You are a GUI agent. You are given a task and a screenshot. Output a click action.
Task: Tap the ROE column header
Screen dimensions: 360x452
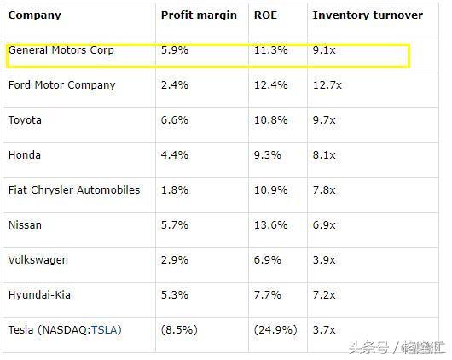[x=265, y=15]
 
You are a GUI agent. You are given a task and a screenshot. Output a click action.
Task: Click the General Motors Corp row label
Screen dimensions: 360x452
[x=61, y=50]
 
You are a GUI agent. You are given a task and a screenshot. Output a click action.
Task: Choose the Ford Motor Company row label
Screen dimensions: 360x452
[x=61, y=85]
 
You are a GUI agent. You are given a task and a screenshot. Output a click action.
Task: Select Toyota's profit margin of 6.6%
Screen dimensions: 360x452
[x=174, y=120]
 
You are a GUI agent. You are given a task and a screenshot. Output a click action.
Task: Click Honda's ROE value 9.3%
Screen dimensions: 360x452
[x=268, y=155]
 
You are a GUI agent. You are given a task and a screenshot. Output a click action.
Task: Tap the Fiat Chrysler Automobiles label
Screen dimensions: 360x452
[x=74, y=189]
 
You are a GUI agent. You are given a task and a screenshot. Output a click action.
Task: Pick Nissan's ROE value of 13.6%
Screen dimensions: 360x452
[x=270, y=225]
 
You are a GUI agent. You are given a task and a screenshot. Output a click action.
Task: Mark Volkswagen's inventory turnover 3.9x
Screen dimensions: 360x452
[x=325, y=259]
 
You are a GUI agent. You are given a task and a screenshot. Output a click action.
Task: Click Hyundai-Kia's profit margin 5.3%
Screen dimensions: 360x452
[x=174, y=294]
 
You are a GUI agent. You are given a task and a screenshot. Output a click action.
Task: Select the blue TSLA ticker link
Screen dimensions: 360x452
[x=106, y=329]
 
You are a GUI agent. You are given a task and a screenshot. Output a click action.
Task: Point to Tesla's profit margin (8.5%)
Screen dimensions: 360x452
[x=180, y=329]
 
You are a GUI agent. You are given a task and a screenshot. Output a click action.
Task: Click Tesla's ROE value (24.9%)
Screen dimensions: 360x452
[x=275, y=329]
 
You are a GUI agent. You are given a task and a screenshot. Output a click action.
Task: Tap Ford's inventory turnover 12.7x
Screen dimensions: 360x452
[x=327, y=85]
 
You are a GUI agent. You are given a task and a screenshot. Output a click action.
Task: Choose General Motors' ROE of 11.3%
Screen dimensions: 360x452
[x=270, y=50]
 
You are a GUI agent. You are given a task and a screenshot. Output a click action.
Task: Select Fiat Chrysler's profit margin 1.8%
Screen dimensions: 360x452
[x=174, y=189]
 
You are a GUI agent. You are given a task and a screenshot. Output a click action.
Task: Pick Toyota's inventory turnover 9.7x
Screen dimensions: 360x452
[x=325, y=120]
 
